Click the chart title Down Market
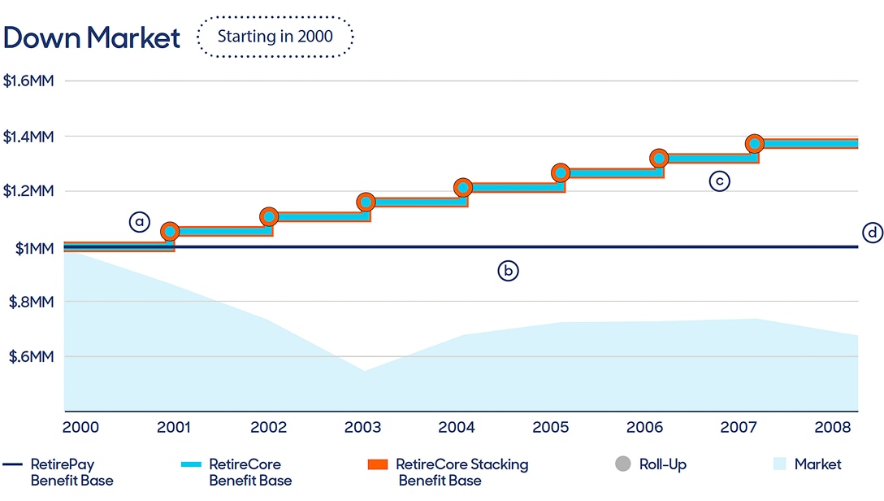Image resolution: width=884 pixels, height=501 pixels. [x=91, y=37]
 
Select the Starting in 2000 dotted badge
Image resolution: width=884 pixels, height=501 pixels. [x=275, y=37]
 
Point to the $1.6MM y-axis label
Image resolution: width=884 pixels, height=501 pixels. [x=28, y=81]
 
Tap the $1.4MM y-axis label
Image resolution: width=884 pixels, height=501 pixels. [x=28, y=137]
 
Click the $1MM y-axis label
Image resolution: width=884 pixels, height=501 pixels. [x=34, y=248]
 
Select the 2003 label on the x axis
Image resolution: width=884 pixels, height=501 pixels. [x=362, y=427]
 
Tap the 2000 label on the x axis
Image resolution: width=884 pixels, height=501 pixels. [x=80, y=427]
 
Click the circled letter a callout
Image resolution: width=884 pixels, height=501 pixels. [x=140, y=221]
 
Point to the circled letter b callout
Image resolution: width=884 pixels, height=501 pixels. [x=508, y=272]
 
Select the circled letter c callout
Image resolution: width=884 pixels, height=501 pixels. [x=719, y=181]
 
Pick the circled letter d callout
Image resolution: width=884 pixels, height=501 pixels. [x=872, y=233]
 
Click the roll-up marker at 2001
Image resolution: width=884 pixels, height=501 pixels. [x=170, y=232]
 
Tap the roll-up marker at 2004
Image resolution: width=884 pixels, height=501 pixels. [x=463, y=188]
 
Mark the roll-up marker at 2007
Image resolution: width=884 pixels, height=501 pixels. [x=755, y=144]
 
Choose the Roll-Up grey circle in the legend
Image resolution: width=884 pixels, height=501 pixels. [x=623, y=464]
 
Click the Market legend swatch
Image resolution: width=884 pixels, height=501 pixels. [x=779, y=464]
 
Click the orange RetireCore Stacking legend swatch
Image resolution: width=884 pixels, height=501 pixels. [x=376, y=464]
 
